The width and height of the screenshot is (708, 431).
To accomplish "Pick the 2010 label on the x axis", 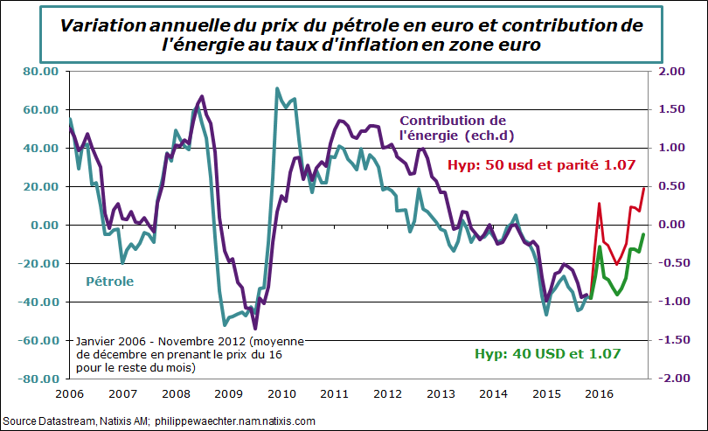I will pyautogui.click(x=280, y=393).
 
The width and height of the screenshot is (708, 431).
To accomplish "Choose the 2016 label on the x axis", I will pyautogui.click(x=595, y=393).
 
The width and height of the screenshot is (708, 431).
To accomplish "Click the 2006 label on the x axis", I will pyautogui.click(x=69, y=393).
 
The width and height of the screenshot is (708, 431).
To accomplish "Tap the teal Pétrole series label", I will pyautogui.click(x=109, y=282).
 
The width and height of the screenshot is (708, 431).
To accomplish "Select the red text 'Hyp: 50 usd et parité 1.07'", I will pyautogui.click(x=540, y=164).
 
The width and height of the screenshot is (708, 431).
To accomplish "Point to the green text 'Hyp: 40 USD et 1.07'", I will pyautogui.click(x=547, y=354).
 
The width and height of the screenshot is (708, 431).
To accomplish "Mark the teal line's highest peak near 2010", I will pyautogui.click(x=277, y=88).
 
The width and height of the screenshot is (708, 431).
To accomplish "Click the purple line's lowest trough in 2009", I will pyautogui.click(x=254, y=329).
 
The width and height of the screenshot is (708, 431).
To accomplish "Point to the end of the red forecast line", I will pyautogui.click(x=644, y=187).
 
